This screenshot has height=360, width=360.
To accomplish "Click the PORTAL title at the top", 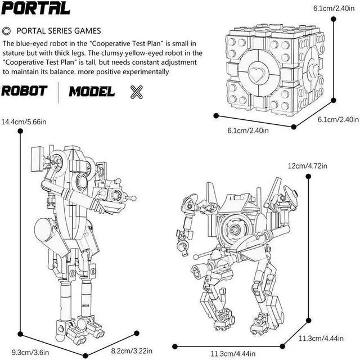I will (36, 8).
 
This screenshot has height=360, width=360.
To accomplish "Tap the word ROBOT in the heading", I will (26, 92).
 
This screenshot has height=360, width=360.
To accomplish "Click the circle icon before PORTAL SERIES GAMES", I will (7, 30).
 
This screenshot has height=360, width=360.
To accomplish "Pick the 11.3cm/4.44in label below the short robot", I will (233, 353).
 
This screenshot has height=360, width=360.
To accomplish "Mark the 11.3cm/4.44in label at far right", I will (325, 337).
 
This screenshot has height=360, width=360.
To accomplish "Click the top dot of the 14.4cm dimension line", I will (21, 131).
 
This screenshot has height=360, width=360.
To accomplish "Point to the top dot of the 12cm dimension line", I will (309, 176).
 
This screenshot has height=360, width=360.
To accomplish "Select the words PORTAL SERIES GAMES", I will (59, 30).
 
